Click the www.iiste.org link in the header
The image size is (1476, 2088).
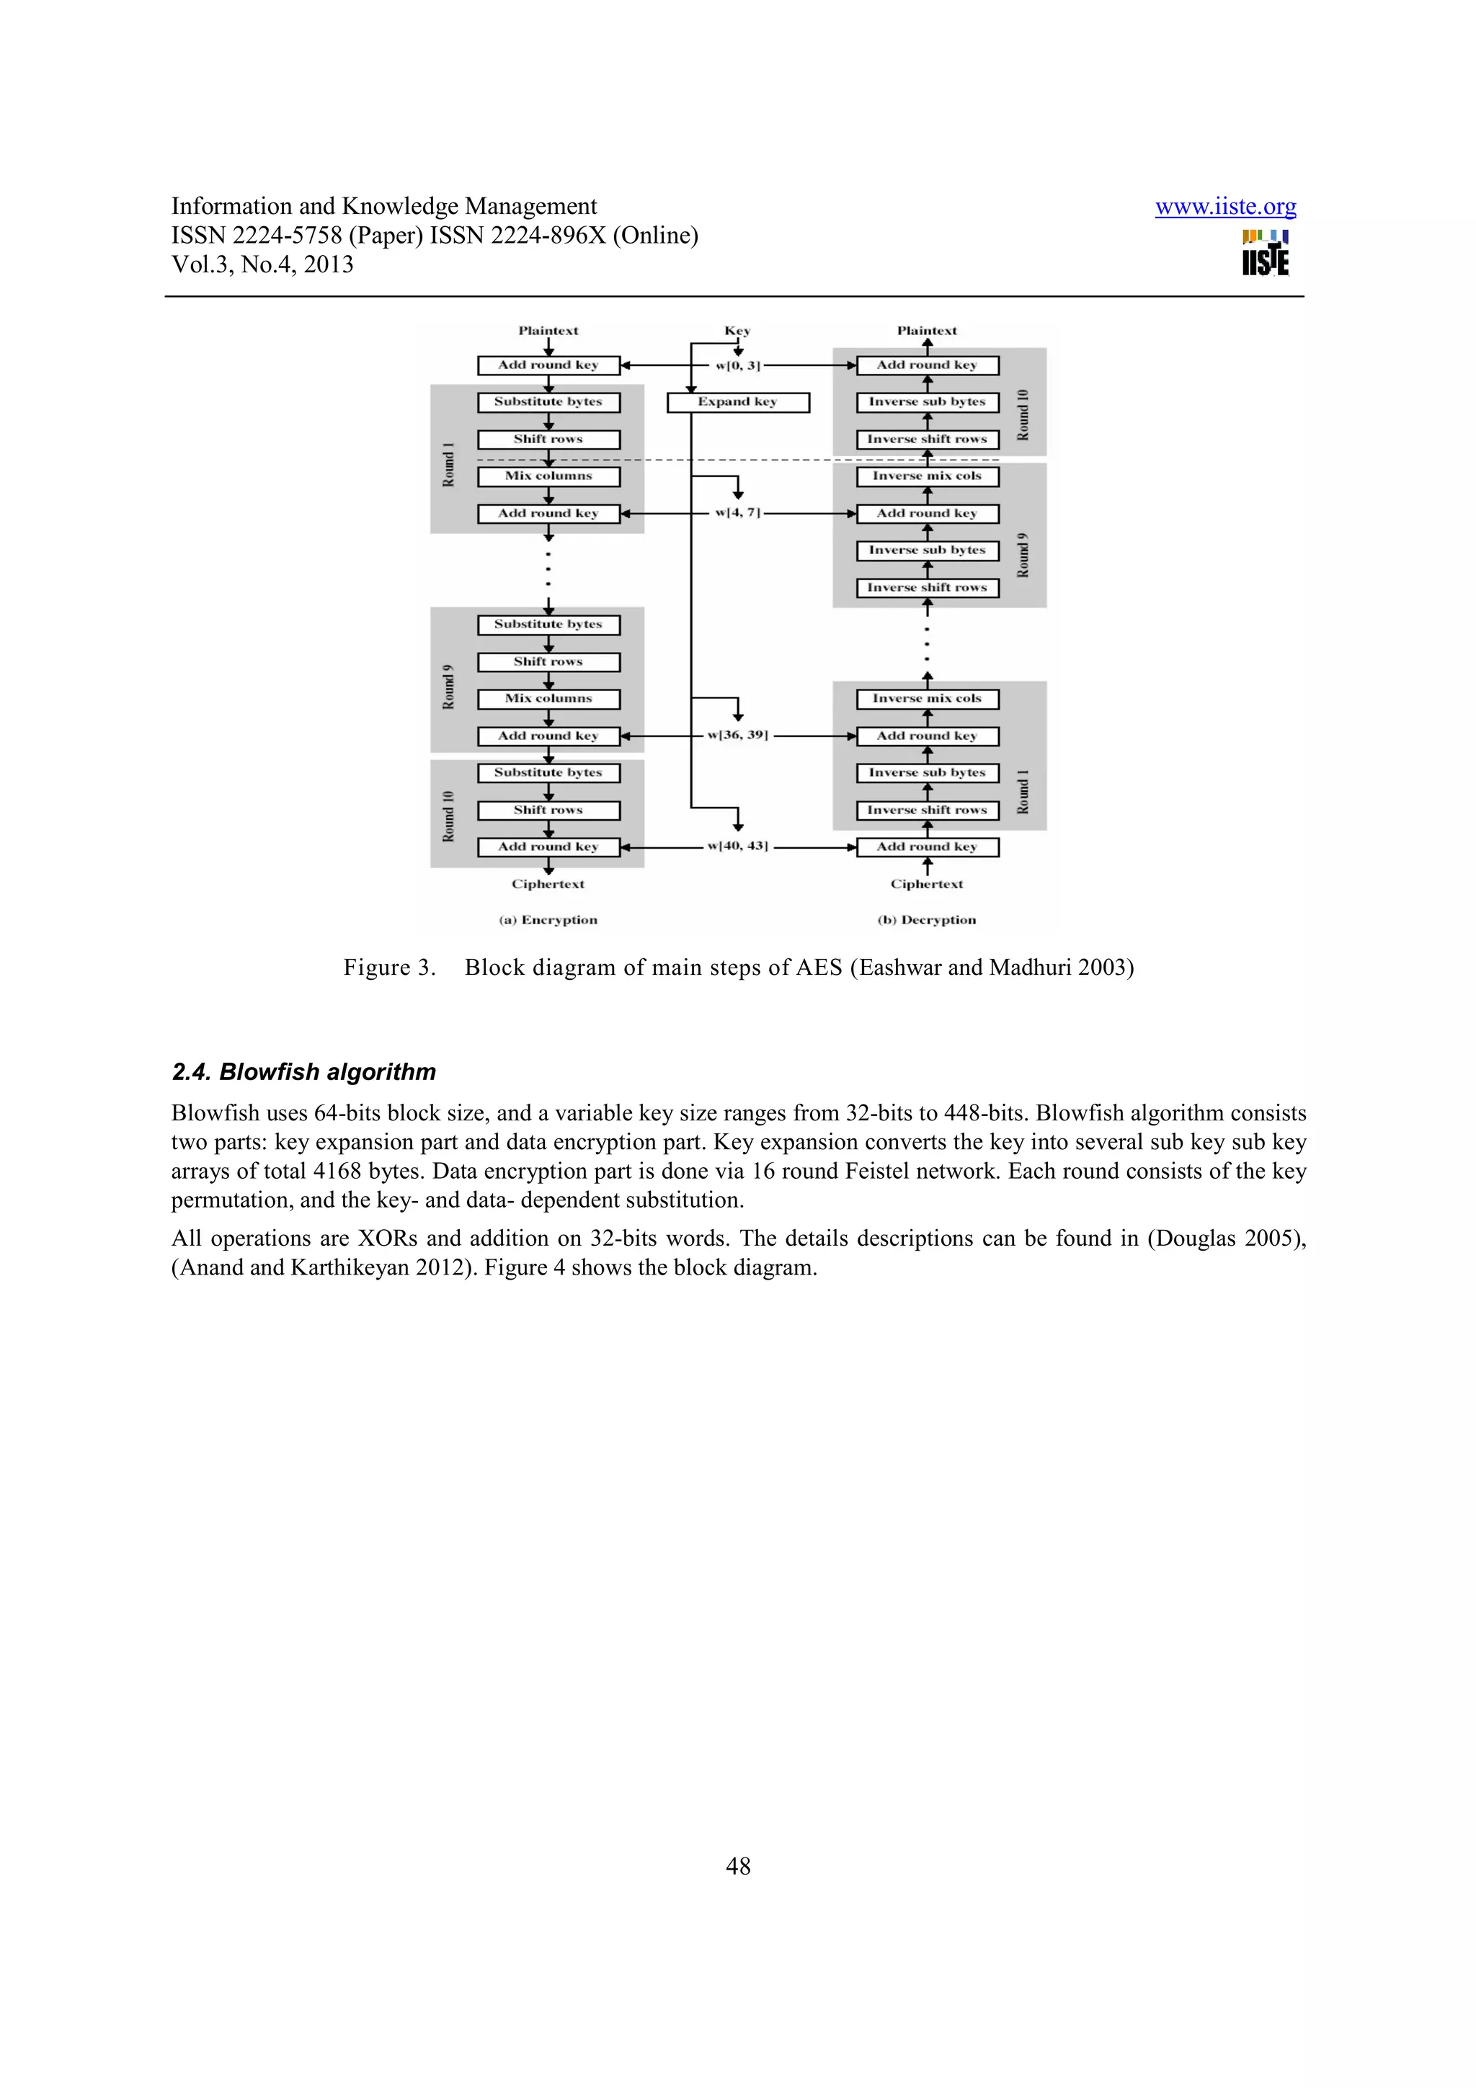tap(1225, 208)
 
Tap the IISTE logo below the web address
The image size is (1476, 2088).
tap(1264, 253)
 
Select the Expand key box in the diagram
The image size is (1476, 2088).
tap(737, 402)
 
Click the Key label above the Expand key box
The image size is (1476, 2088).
tap(737, 331)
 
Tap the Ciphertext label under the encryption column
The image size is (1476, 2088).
tap(548, 884)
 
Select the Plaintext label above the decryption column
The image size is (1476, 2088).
tap(927, 331)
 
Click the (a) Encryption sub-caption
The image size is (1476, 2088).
tap(548, 920)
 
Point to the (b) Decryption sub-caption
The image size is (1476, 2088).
tap(927, 920)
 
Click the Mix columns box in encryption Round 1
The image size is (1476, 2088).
tap(548, 476)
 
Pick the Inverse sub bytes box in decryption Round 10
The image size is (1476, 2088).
tap(927, 402)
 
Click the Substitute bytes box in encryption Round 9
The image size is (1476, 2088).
tap(548, 625)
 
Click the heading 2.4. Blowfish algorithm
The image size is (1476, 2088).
tap(303, 1072)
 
